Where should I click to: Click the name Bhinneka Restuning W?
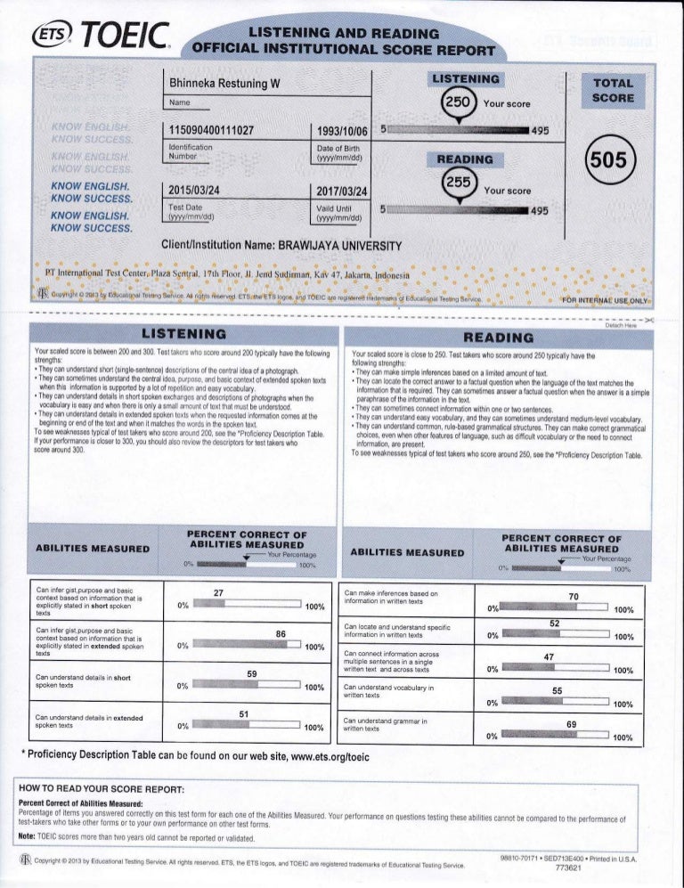(x=224, y=83)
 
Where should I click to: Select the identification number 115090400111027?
(x=212, y=132)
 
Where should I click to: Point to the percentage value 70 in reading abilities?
(x=574, y=595)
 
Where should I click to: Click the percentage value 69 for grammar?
(x=574, y=724)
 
